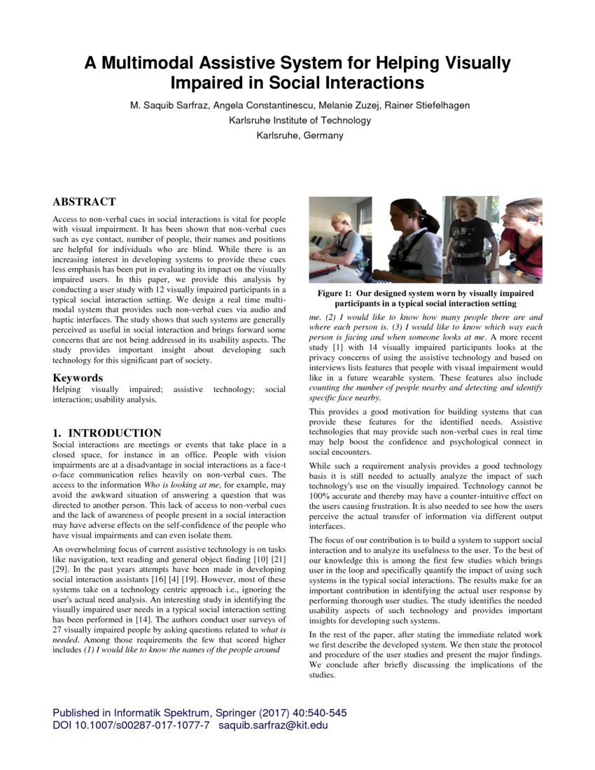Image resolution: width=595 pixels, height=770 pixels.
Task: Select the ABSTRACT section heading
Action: coord(84,202)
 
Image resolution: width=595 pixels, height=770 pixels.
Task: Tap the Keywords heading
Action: coord(77,378)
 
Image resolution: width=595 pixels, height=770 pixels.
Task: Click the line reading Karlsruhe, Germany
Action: coord(300,135)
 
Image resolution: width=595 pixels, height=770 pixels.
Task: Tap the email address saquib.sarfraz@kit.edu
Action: coord(273,725)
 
